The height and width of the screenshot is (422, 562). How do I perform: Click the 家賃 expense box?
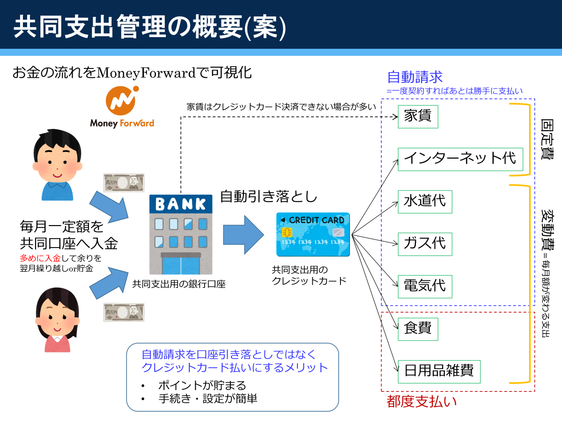point(418,117)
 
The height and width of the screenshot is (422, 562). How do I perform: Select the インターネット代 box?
point(460,159)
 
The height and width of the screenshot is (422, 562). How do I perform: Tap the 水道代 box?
point(425,202)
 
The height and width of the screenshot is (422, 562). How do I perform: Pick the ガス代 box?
point(425,244)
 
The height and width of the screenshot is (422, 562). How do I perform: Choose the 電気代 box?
point(425,286)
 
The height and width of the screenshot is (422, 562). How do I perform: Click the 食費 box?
point(418,329)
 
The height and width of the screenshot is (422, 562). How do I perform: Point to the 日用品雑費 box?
point(439,371)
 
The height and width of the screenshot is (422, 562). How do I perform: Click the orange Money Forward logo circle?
point(121,101)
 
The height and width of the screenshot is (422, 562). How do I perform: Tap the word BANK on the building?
point(181,204)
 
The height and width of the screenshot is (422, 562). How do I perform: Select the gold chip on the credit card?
point(287,232)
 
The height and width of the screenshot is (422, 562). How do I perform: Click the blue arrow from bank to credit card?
point(243,235)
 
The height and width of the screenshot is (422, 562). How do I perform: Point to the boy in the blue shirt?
point(57,165)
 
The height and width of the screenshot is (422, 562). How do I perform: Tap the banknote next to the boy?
point(124,183)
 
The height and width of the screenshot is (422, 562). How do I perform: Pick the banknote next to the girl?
point(124,312)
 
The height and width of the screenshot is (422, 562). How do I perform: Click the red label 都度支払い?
point(421,401)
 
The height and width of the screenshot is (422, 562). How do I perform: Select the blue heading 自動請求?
point(415,77)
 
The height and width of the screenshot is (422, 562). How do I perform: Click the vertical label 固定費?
point(547,139)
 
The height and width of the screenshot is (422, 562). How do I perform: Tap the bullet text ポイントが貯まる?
point(202,385)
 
